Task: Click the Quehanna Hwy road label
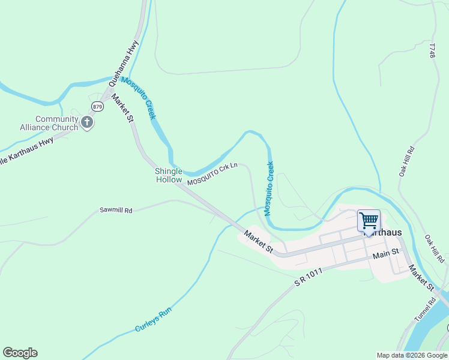tap(124, 60)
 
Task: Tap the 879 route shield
tap(98, 106)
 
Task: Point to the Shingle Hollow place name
tap(169, 175)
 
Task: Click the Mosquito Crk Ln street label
tap(212, 174)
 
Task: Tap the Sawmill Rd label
tap(115, 211)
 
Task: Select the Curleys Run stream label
tap(154, 319)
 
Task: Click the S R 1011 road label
tap(309, 277)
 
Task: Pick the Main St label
tap(386, 254)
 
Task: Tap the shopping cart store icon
tap(369, 220)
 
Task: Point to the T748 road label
tap(432, 50)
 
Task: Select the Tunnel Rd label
tap(424, 309)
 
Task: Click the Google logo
tap(20, 353)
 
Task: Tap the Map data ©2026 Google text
tap(412, 355)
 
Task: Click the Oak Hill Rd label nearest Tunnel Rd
tap(435, 248)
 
